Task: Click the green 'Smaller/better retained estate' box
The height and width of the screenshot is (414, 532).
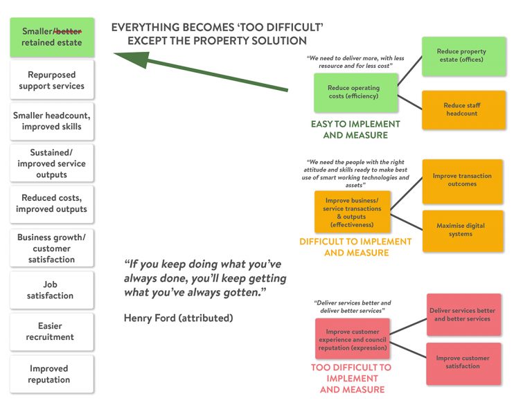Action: point(52,37)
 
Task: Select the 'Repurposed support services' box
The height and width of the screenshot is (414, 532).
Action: point(52,80)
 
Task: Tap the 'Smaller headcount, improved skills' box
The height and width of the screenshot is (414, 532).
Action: point(52,121)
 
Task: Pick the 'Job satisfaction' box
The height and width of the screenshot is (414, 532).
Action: point(52,290)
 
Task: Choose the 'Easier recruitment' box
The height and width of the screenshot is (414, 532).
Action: point(52,332)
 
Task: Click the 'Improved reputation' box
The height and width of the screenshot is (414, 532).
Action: point(52,374)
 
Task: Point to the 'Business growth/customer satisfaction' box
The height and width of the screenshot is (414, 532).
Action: point(52,248)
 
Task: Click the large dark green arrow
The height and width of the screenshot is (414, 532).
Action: point(201,73)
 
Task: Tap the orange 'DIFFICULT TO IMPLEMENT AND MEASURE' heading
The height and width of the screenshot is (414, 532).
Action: point(355,247)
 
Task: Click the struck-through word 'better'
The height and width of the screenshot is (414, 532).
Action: point(68,31)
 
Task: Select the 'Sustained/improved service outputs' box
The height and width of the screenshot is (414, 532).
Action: point(52,163)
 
